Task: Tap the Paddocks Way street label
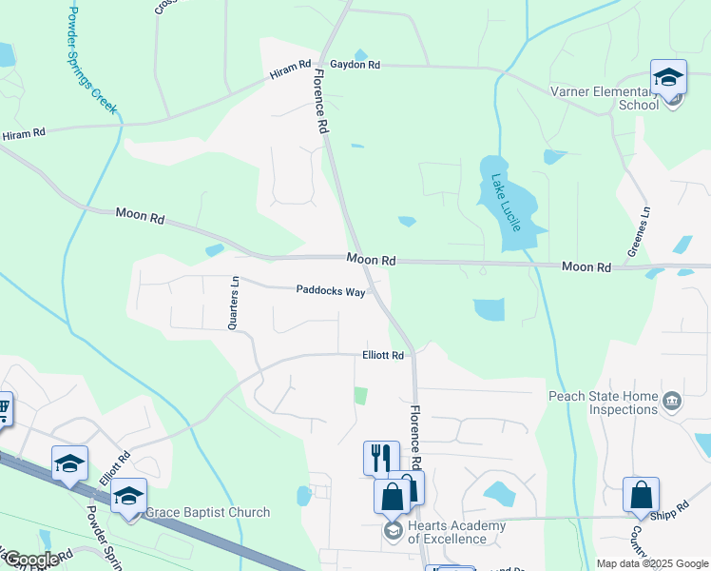(330, 292)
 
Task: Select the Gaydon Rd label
(355, 65)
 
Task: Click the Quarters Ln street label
(232, 303)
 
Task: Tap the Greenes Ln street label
(637, 231)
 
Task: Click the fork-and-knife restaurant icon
(381, 457)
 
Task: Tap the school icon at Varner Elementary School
(668, 77)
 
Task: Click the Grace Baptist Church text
(207, 513)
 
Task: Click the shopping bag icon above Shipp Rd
(641, 495)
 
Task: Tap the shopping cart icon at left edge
(3, 409)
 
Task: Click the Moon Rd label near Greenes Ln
(586, 268)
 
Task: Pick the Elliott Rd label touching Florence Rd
(383, 355)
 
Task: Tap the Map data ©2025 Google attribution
(651, 563)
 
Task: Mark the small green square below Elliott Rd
(360, 395)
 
